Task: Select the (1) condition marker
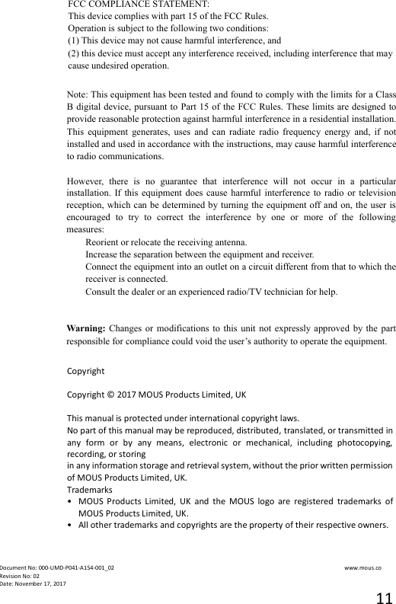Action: tap(74, 40)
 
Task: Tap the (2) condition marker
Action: tap(74, 53)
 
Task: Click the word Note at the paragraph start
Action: tap(76, 93)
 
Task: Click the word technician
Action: tap(286, 292)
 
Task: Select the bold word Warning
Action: tap(86, 329)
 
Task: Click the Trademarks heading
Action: tap(90, 489)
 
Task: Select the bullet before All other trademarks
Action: tap(70, 526)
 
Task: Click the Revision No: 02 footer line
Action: tap(20, 576)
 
